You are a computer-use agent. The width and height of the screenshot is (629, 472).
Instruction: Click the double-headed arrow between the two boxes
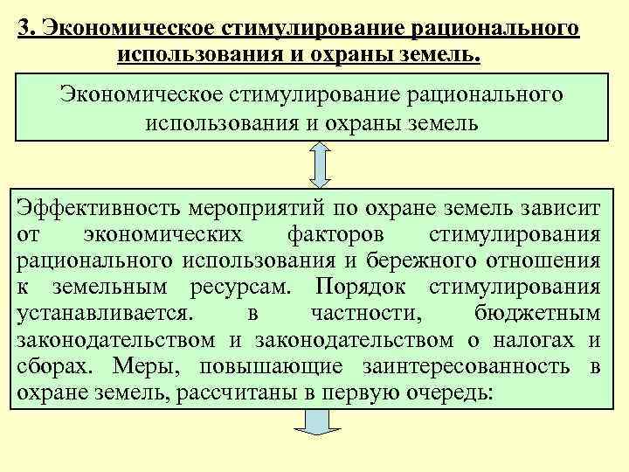pos(320,163)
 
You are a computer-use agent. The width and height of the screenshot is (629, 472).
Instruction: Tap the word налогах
pos(539,338)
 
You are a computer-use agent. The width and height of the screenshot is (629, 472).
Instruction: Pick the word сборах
pos(47,364)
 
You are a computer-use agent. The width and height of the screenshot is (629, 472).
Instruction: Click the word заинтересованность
pos(471,364)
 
